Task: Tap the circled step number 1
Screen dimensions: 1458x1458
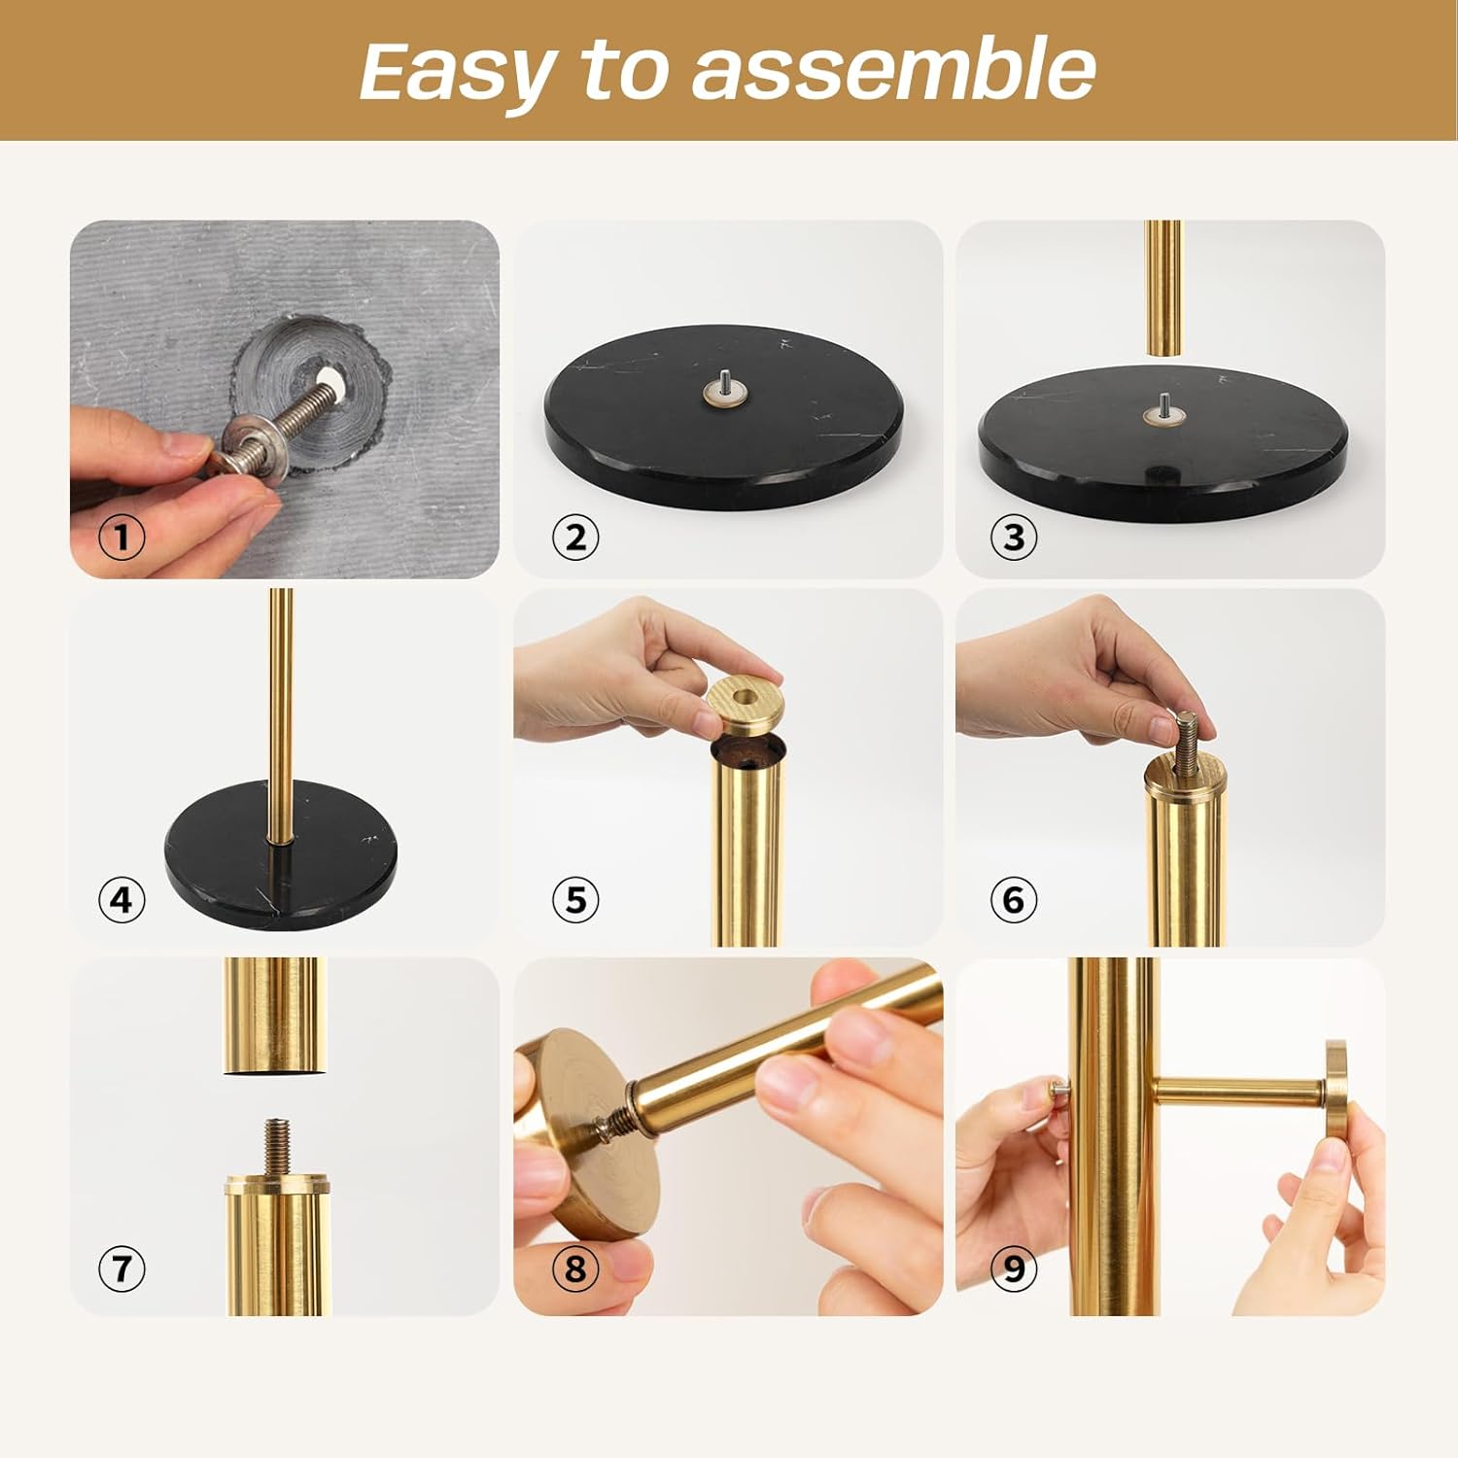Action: (x=121, y=537)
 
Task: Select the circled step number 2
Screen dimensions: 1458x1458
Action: (x=575, y=537)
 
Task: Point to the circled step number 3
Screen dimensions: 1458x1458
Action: (x=1014, y=537)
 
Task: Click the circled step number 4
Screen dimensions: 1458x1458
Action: (x=121, y=900)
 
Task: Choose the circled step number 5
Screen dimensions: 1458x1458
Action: (x=575, y=900)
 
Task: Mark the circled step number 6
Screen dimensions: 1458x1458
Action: (x=1014, y=900)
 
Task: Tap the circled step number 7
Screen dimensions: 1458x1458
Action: (x=121, y=1268)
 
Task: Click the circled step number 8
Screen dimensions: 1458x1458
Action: (x=575, y=1268)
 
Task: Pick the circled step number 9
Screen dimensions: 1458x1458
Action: (x=1014, y=1268)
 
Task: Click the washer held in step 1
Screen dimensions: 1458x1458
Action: (x=255, y=448)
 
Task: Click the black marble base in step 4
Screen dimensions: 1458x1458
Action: (x=281, y=852)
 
